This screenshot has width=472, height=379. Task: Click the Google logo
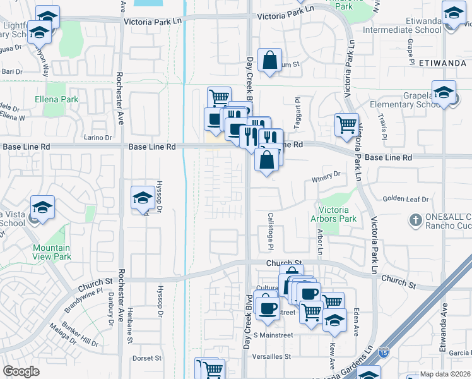(21, 371)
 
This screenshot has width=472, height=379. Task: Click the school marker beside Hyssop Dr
(143, 198)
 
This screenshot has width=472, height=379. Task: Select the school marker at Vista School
(42, 207)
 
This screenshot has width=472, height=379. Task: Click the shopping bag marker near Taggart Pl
(269, 61)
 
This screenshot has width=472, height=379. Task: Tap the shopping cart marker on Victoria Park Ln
(346, 125)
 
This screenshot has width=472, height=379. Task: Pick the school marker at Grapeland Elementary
(444, 93)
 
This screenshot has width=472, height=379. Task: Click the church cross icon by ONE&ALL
(415, 220)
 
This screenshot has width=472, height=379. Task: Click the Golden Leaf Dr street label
(405, 200)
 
